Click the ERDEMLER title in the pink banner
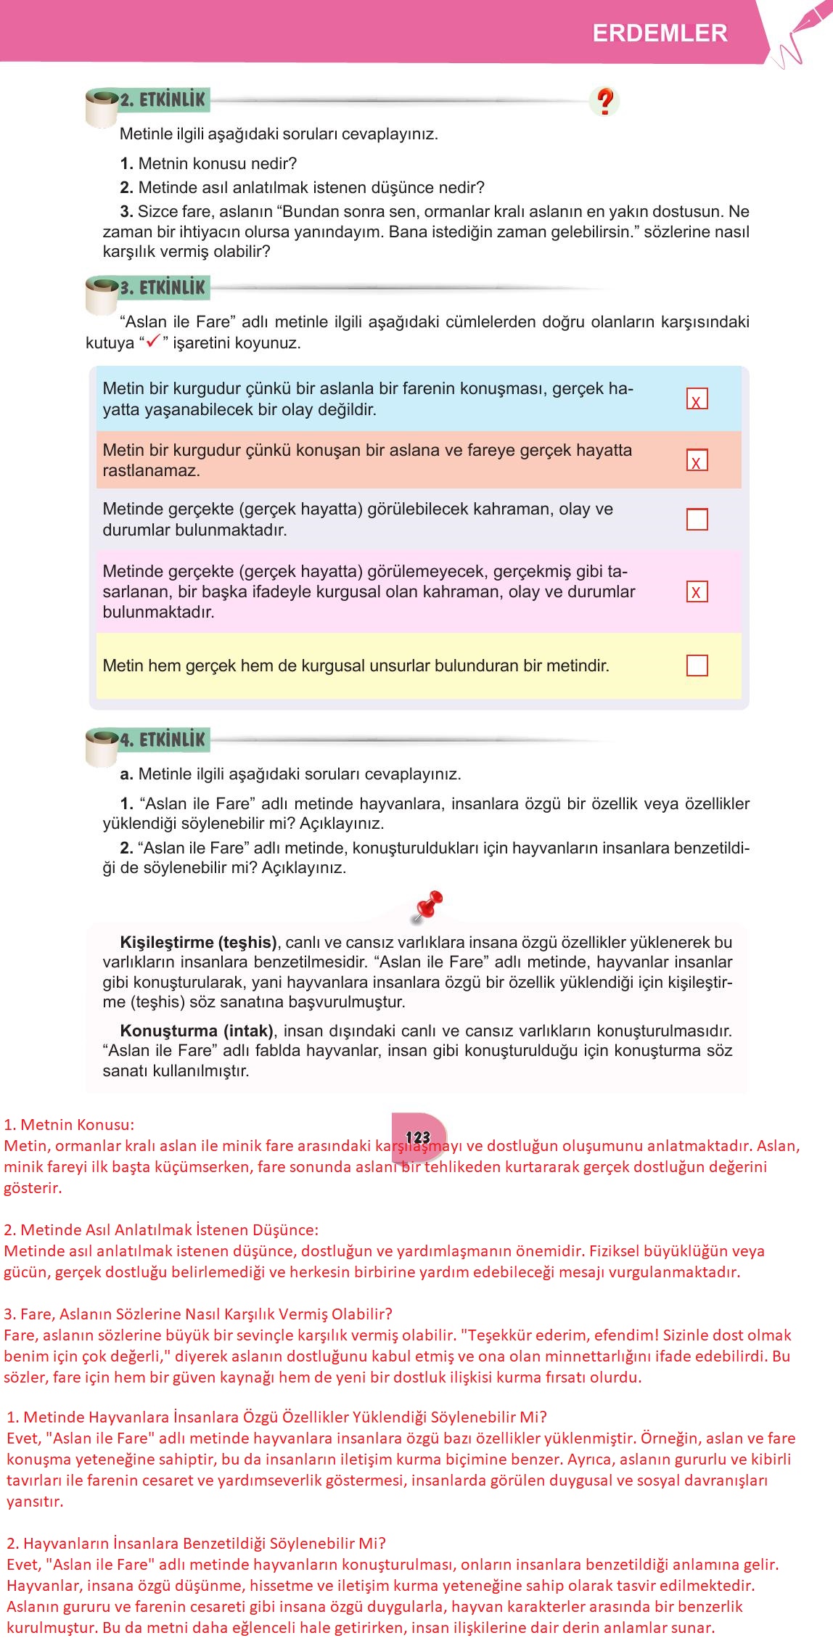click(660, 33)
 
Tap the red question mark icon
click(604, 102)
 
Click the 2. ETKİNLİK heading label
click(163, 100)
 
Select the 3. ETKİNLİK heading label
click(163, 287)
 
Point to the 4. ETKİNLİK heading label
click(163, 740)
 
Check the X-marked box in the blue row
click(697, 399)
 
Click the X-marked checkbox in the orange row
click(697, 460)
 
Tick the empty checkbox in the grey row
click(697, 519)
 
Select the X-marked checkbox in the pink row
click(697, 591)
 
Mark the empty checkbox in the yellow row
click(697, 666)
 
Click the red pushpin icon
click(428, 906)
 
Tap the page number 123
click(418, 1137)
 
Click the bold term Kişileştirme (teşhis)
click(198, 943)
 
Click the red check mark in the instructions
click(153, 343)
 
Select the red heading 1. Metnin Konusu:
click(69, 1125)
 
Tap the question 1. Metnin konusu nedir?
click(208, 164)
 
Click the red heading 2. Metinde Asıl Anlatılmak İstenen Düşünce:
click(161, 1229)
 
